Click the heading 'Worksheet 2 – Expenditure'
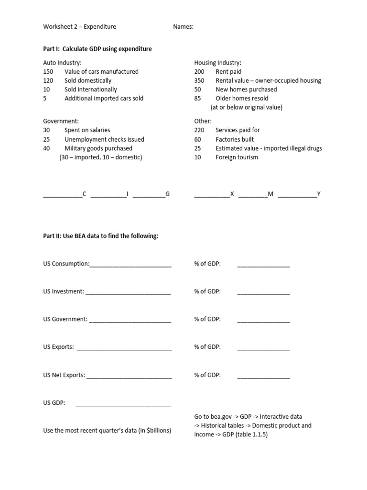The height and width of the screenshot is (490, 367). point(79,27)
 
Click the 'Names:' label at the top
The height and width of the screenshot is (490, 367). point(183,27)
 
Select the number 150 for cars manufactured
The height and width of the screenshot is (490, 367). point(48,72)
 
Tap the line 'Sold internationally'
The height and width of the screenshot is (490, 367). point(90,89)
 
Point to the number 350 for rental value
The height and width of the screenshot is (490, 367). point(199,80)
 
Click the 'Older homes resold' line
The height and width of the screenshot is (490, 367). point(242,98)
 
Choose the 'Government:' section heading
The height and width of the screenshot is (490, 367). point(61,121)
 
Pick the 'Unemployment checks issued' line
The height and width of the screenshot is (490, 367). point(104,139)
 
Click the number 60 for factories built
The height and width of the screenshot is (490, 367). point(198,139)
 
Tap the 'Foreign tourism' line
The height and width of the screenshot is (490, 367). point(237,157)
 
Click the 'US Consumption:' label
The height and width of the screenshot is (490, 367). point(66,264)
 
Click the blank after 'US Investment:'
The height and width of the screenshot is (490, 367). point(128,292)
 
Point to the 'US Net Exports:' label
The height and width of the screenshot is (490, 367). point(64,375)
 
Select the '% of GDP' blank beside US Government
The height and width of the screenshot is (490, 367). point(263,320)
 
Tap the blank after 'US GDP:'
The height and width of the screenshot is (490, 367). point(123,404)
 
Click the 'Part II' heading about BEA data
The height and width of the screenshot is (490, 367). point(100,236)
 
